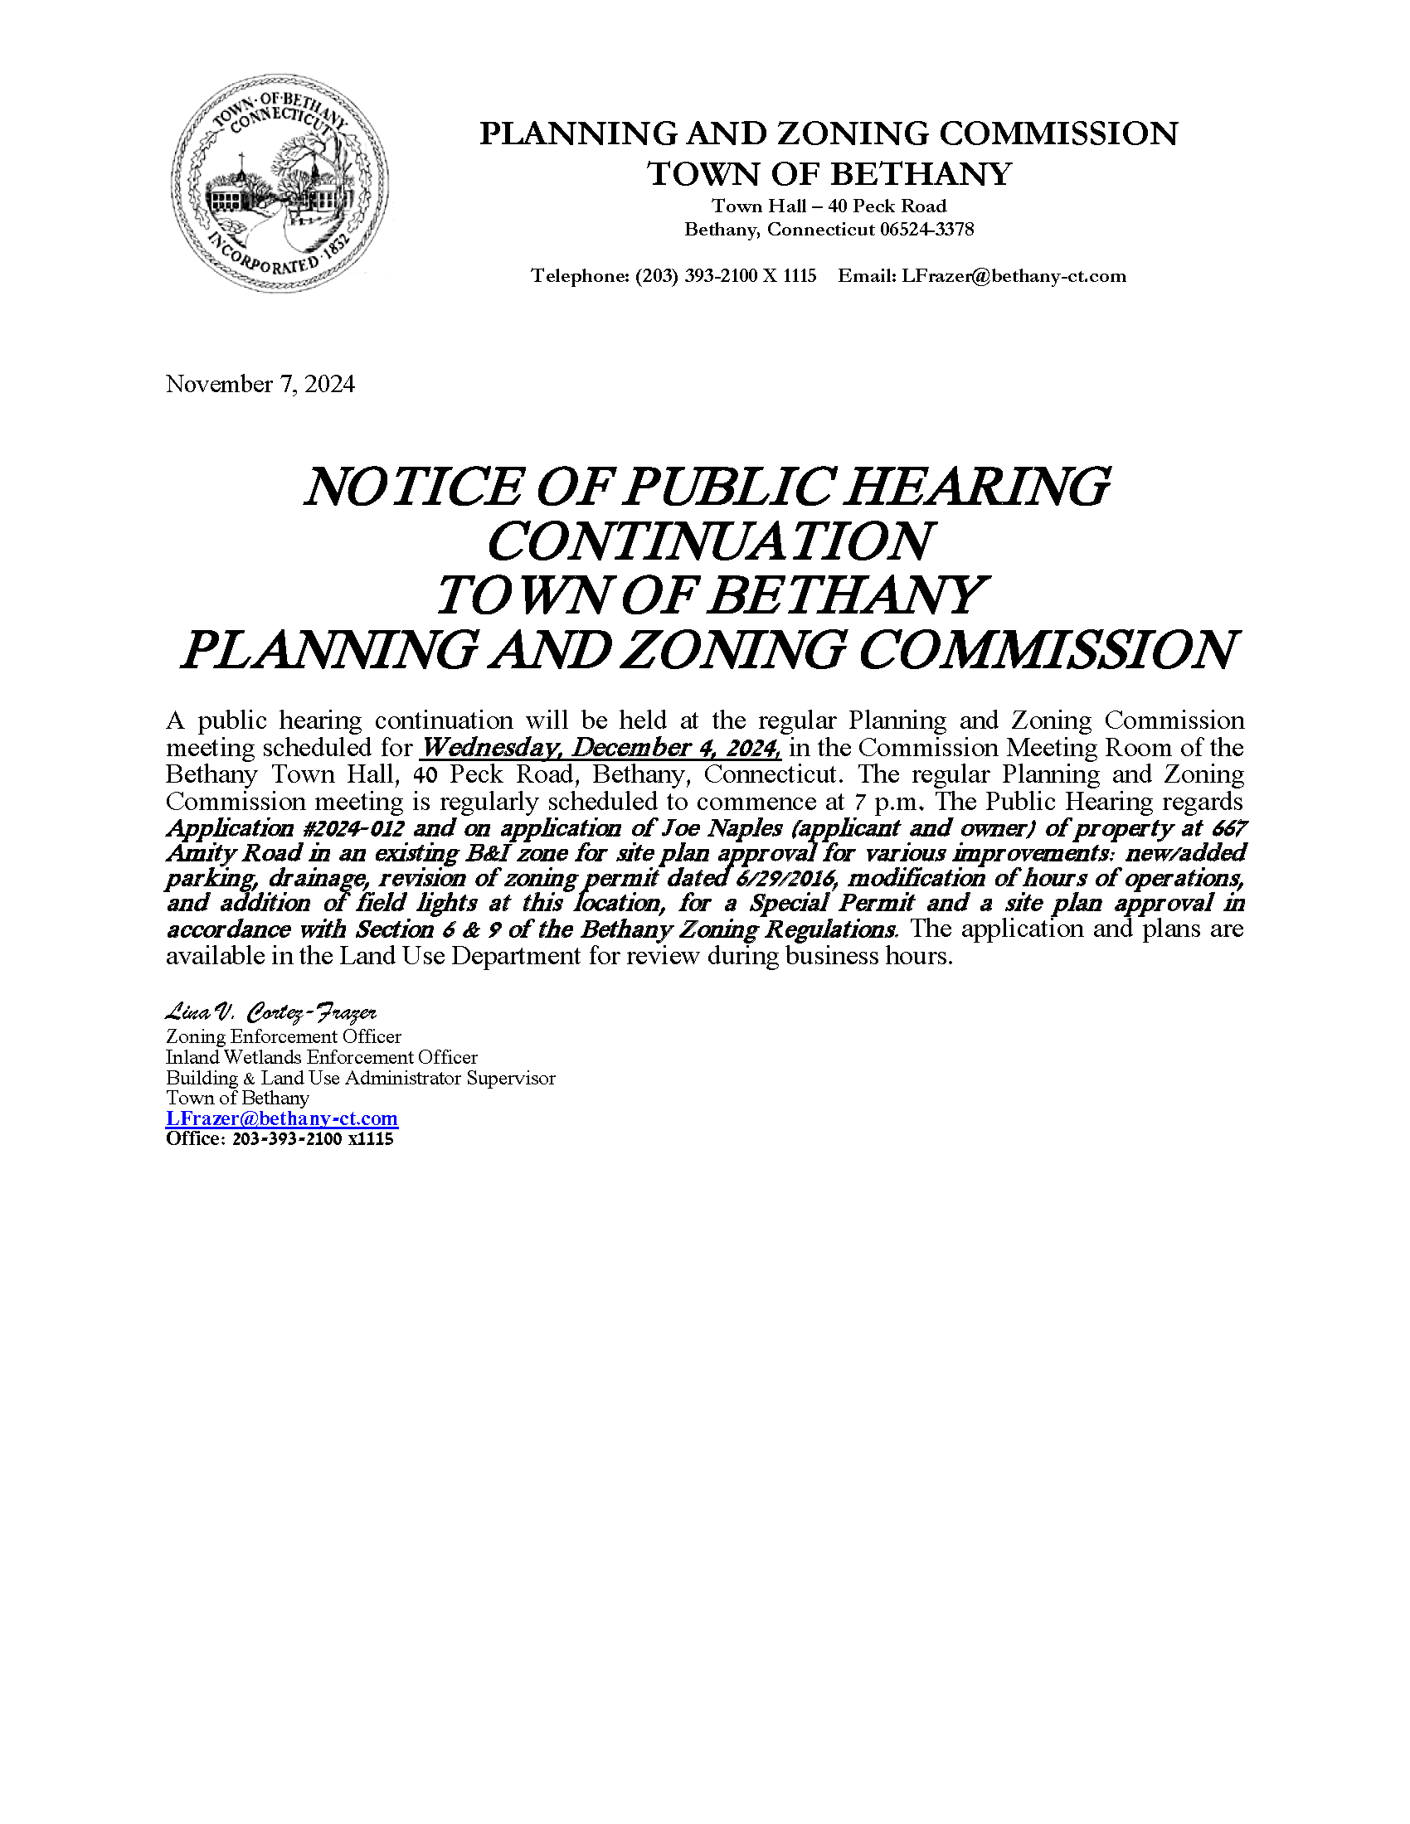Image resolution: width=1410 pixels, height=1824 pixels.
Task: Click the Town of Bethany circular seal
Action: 280,184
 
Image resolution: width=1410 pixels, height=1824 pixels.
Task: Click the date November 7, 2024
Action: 260,384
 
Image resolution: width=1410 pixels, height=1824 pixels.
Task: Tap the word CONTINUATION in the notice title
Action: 708,541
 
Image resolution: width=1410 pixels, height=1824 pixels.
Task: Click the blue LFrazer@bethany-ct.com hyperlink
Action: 281,1118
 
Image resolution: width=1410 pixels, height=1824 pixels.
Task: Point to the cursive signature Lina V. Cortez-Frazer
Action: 271,1013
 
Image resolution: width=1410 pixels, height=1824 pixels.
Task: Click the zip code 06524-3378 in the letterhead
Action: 926,230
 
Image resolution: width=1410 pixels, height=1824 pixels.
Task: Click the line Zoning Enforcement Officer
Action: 283,1036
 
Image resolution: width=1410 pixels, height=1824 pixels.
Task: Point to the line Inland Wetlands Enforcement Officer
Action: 322,1057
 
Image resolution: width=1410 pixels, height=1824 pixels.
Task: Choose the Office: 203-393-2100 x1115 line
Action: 280,1139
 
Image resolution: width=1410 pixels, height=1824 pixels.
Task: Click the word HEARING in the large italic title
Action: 976,487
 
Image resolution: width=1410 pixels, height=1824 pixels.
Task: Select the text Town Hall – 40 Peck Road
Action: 829,206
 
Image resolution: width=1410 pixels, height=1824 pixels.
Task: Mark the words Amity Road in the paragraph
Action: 234,853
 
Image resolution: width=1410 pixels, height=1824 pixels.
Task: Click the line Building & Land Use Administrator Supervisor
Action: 360,1078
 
